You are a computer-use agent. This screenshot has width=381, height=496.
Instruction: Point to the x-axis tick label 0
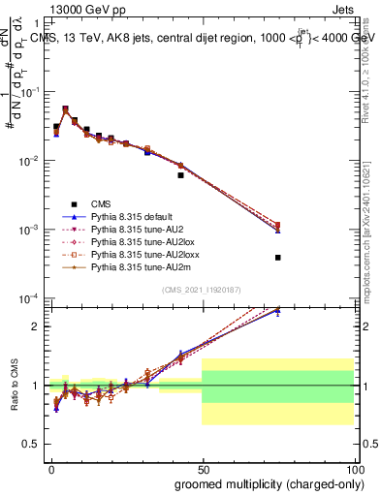pos(50,468)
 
